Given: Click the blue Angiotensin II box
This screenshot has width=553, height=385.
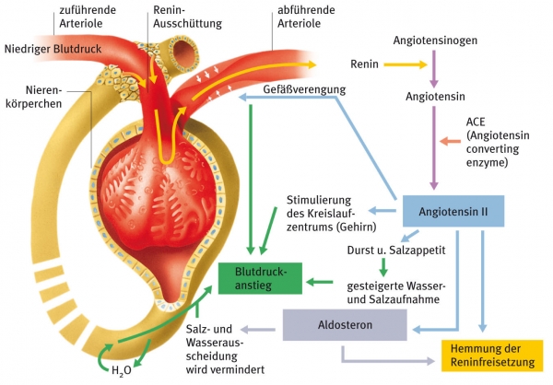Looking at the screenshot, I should click(453, 214).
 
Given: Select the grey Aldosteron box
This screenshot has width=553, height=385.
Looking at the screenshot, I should click(345, 325).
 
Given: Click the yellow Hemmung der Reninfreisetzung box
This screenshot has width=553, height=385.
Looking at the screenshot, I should click(492, 354).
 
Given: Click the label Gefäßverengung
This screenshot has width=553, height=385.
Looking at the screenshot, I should click(303, 90).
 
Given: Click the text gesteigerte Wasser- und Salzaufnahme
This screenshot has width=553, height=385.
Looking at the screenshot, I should click(397, 292).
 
